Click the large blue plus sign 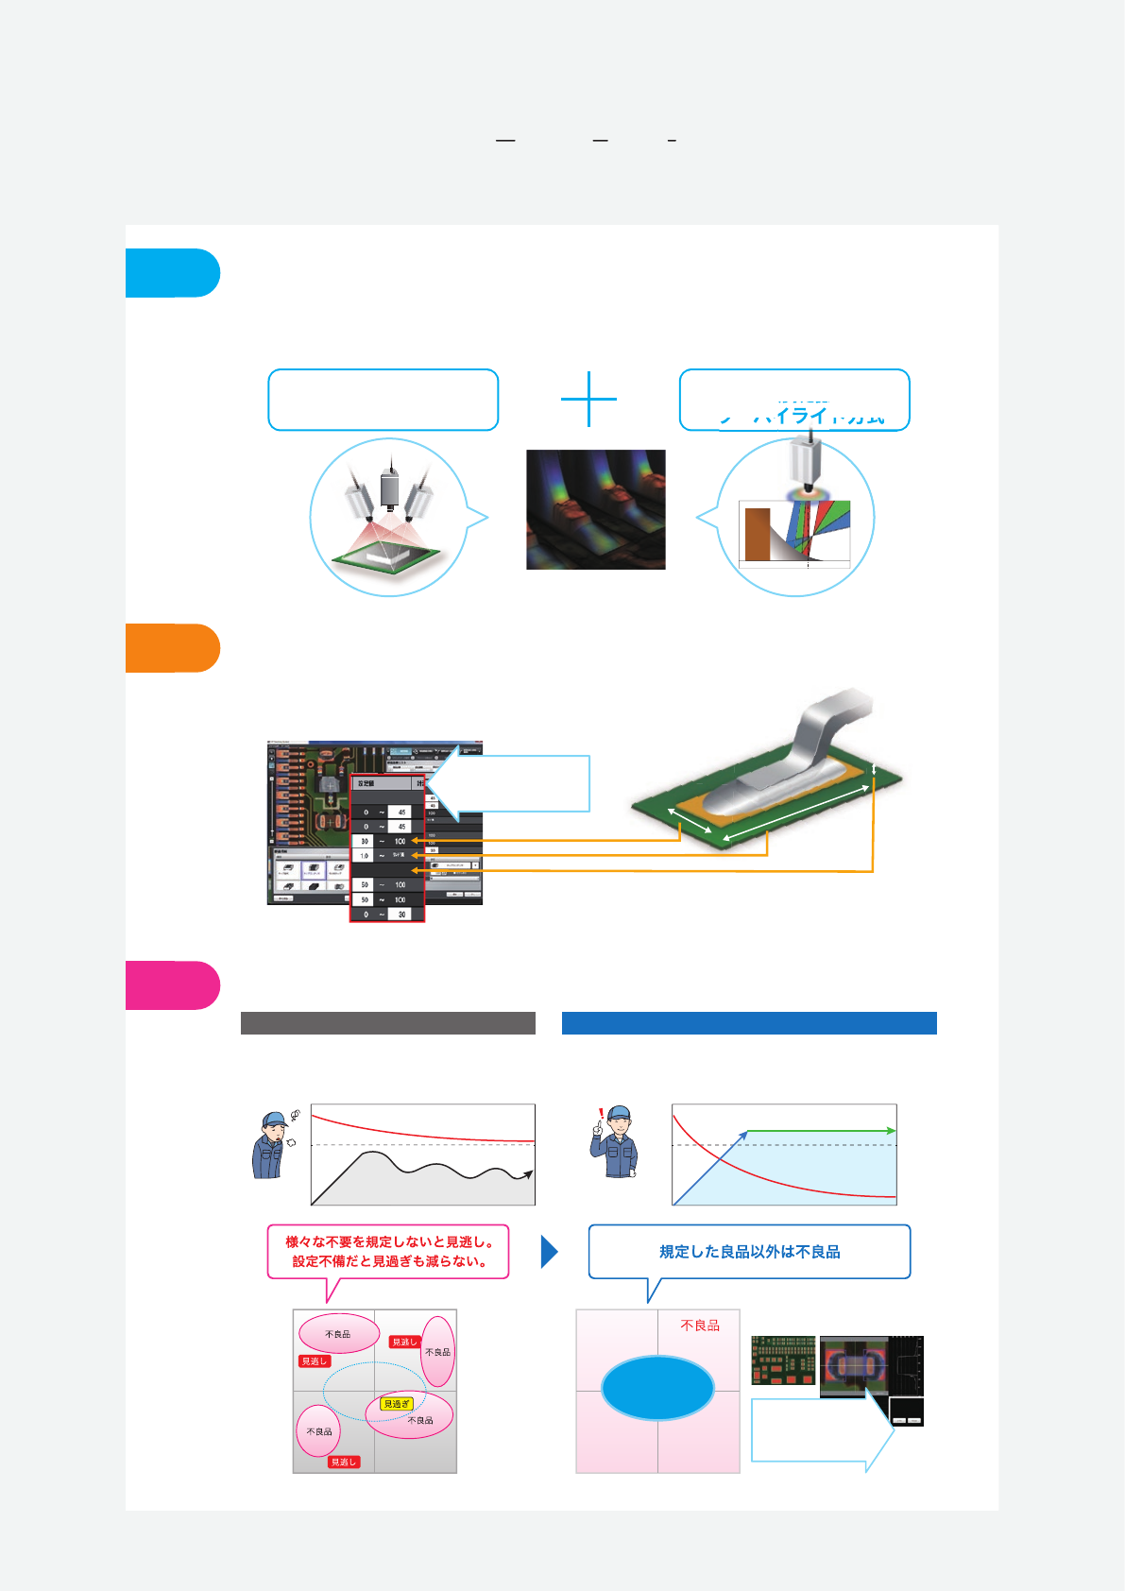click(588, 399)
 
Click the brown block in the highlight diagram click(757, 535)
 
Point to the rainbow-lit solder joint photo click(595, 509)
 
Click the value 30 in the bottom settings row click(401, 915)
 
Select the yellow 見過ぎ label click(397, 1404)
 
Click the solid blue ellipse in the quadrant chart click(657, 1388)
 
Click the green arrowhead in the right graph click(891, 1131)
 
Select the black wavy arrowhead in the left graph click(528, 1174)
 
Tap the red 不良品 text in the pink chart click(700, 1326)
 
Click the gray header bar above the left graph click(387, 1023)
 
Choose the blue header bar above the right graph click(749, 1023)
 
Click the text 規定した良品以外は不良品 click(749, 1252)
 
